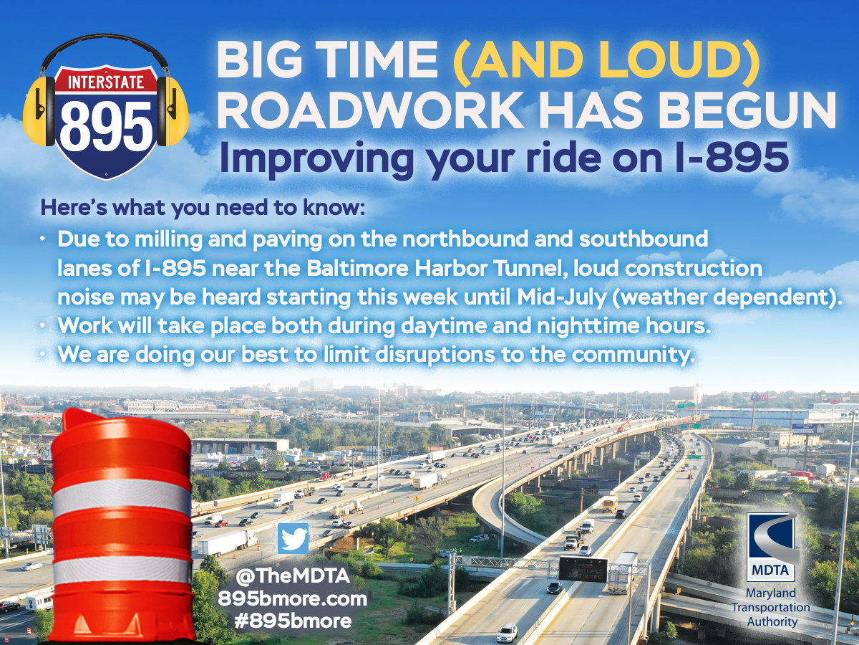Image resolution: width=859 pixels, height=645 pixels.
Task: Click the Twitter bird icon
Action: pos(293,538)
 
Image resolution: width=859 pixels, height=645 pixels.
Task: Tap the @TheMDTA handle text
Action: pos(292,576)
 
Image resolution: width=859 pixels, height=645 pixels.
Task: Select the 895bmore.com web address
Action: pos(292,598)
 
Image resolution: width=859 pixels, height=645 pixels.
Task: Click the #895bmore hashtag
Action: pos(292,621)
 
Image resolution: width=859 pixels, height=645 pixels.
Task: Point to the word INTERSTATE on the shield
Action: pos(106,82)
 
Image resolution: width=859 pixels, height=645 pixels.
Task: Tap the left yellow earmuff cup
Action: pos(39,111)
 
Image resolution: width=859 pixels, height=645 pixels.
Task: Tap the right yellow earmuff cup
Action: pos(173,111)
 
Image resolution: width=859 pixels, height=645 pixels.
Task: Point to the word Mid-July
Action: pos(561,297)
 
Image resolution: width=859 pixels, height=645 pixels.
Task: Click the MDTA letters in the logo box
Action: pos(770,570)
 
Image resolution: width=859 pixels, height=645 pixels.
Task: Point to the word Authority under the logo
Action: pos(772,621)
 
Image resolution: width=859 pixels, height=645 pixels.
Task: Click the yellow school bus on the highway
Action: pos(610,504)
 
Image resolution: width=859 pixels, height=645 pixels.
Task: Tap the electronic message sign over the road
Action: pos(583,568)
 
